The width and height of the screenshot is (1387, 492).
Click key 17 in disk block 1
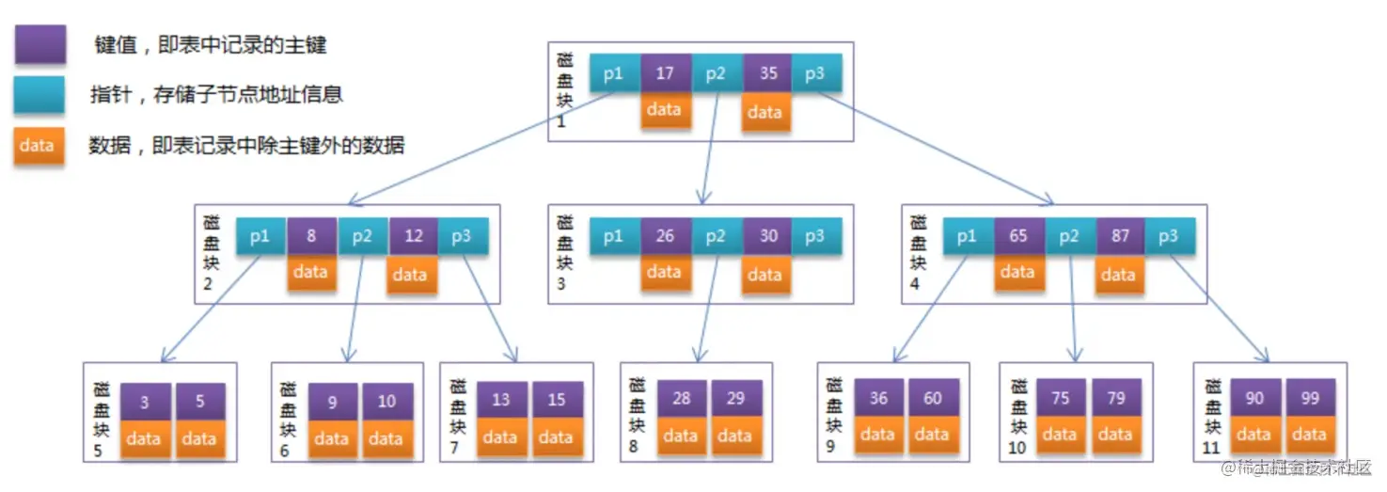click(665, 73)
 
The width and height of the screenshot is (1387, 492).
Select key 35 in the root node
click(767, 73)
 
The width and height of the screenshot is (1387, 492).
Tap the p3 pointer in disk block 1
click(815, 73)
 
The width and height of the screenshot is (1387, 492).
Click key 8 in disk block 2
click(311, 236)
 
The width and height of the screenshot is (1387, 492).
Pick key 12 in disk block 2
click(414, 236)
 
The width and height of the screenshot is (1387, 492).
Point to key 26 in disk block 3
click(665, 236)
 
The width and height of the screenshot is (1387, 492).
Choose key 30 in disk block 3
click(767, 236)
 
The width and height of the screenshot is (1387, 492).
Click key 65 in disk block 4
click(1018, 236)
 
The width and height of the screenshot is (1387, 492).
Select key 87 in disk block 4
click(1120, 236)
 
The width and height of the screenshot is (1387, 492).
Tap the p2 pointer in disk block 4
click(1069, 236)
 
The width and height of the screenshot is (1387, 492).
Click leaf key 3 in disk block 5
click(144, 403)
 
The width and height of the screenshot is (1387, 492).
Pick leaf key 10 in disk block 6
click(386, 403)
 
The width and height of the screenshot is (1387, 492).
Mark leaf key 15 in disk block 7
click(556, 400)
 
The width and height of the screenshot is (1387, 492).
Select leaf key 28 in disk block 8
click(681, 399)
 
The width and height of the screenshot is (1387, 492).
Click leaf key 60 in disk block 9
click(932, 399)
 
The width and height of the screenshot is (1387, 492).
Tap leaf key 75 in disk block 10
click(1060, 399)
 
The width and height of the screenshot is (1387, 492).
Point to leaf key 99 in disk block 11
click(1309, 399)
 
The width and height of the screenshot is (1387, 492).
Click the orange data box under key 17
click(664, 110)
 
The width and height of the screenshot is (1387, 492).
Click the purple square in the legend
click(39, 44)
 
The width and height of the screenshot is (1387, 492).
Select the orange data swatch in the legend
click(39, 146)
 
